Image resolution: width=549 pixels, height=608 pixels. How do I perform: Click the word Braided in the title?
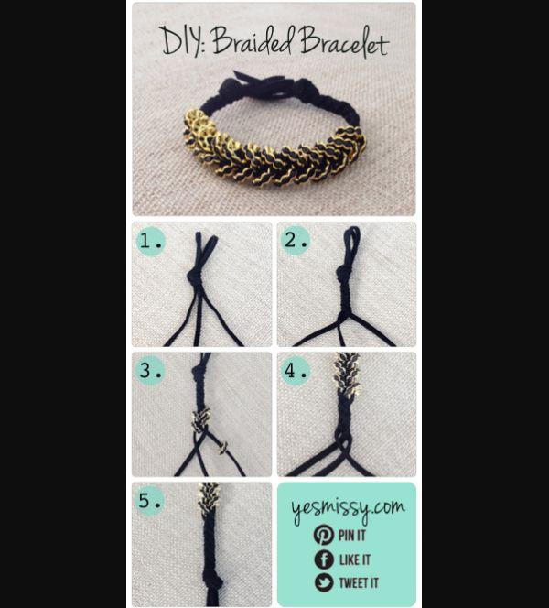click(x=253, y=40)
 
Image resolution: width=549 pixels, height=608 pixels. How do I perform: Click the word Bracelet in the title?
click(x=344, y=42)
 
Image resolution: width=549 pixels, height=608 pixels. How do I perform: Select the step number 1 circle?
click(x=151, y=241)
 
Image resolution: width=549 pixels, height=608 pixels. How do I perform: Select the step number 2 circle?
click(x=296, y=241)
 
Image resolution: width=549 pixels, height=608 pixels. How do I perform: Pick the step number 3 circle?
click(x=150, y=370)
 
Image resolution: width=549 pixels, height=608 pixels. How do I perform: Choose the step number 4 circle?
click(x=296, y=370)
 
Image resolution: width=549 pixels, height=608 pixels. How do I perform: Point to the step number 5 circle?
click(x=150, y=500)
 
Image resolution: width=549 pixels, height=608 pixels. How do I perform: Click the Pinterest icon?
click(x=324, y=535)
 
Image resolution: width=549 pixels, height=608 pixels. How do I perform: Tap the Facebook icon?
click(x=324, y=559)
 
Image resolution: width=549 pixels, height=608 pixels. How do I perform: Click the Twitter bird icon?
click(x=324, y=583)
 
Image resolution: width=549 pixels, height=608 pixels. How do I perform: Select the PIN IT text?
click(x=351, y=536)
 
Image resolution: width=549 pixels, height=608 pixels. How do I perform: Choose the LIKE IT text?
click(x=355, y=559)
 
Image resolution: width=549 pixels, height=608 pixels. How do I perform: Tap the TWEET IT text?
click(x=359, y=583)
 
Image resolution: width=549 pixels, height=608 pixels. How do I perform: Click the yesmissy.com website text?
click(x=348, y=509)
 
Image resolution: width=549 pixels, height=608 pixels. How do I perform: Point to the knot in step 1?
click(x=195, y=277)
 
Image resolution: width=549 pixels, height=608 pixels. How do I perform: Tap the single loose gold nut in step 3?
click(x=222, y=449)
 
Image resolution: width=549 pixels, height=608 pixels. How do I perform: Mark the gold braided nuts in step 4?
click(x=347, y=374)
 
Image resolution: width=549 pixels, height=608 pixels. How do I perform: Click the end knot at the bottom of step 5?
click(x=214, y=581)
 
